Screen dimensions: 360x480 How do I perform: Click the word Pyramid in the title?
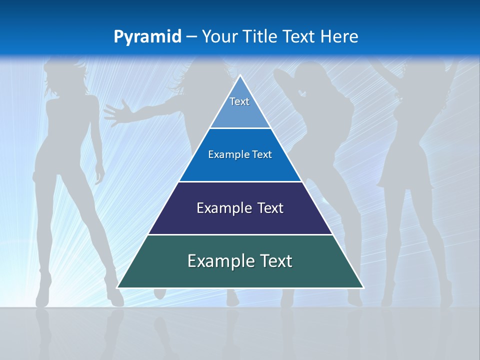(x=147, y=36)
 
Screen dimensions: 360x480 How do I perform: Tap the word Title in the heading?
(x=260, y=36)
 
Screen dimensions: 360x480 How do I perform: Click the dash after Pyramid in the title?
(x=191, y=37)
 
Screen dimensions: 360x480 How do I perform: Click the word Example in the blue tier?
(x=226, y=154)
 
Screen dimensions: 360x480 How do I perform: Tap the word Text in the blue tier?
(x=262, y=154)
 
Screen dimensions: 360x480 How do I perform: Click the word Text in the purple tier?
(x=270, y=208)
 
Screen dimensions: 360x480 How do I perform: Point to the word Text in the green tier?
(x=275, y=261)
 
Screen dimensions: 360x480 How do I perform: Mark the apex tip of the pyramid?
(x=240, y=76)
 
